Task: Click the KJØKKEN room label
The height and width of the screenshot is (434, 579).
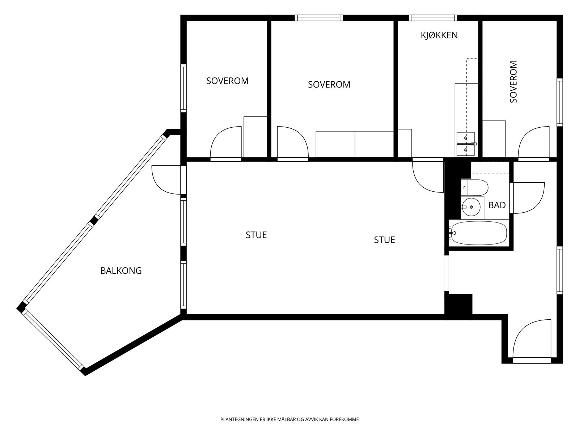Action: [439, 35]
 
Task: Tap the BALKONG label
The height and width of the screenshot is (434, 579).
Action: [121, 271]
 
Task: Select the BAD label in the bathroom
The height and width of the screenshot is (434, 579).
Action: [497, 205]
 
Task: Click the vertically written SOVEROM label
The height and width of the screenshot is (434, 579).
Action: [513, 82]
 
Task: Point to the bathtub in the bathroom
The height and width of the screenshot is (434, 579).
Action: [479, 233]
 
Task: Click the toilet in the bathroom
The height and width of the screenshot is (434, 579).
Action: [474, 188]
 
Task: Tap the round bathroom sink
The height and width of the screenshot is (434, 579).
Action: [473, 207]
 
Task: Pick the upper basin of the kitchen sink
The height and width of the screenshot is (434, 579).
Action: [466, 137]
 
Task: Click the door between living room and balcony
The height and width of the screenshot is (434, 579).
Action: [166, 180]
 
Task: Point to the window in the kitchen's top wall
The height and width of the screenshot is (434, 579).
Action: [433, 18]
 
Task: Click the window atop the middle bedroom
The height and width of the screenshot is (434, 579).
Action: [319, 18]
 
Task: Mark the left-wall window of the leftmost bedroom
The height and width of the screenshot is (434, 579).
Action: [183, 88]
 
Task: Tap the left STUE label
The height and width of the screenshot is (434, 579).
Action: [256, 235]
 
